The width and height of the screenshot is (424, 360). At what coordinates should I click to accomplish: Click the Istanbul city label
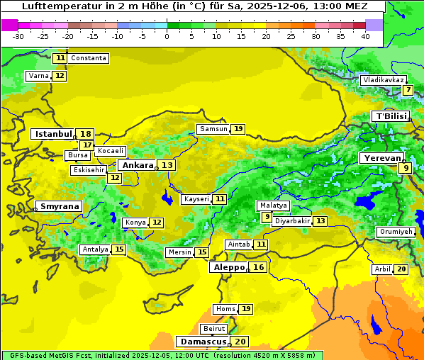53,134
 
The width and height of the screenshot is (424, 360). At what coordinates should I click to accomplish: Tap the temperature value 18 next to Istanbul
86,134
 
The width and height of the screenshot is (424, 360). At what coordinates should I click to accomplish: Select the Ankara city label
137,165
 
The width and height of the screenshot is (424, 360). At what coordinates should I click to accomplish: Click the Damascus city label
203,342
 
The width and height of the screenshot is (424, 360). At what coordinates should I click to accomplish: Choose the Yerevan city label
381,158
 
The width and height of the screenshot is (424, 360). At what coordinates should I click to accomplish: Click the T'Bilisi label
391,116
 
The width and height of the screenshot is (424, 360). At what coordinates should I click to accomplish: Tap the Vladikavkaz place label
383,80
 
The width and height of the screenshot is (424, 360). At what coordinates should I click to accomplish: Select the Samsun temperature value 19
238,129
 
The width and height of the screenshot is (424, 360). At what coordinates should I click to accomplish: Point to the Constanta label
89,58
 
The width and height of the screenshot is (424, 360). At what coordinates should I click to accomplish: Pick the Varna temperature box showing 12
60,76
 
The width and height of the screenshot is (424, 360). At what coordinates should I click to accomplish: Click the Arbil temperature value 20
401,269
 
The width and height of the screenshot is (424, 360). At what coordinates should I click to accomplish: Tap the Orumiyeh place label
396,232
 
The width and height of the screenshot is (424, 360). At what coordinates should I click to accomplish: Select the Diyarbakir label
292,221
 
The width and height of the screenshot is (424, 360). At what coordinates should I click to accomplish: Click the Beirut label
214,329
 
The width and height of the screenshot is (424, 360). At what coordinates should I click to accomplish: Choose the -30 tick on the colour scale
18,36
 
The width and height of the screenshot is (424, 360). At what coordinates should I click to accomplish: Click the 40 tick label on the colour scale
365,36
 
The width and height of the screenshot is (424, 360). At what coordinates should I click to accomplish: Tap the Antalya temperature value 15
119,249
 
